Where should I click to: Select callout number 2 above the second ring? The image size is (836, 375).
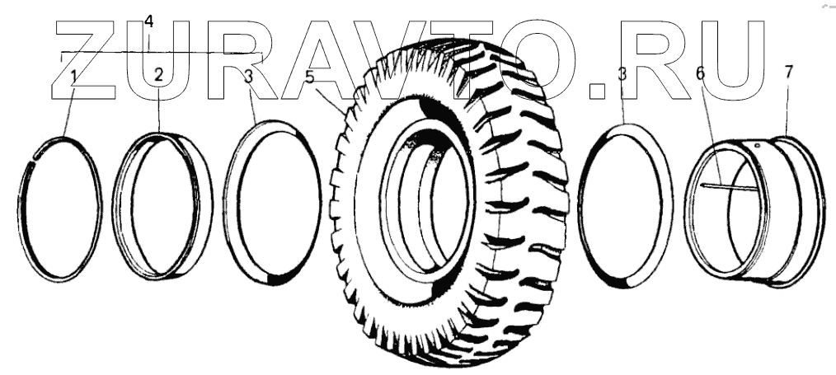tap(158, 75)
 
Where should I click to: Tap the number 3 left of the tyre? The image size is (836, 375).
tap(248, 77)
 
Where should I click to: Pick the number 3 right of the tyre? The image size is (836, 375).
tap(622, 74)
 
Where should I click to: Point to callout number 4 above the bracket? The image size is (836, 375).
tap(148, 21)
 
